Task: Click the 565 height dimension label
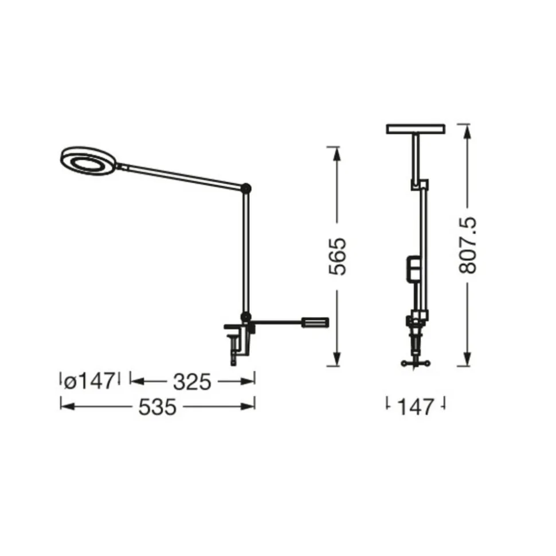337,257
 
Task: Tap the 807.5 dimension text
467,245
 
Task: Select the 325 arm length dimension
192,382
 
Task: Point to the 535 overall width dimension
157,407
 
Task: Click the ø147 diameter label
90,381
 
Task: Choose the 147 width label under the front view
416,407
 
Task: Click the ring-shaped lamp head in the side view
88,161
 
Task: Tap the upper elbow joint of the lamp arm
246,188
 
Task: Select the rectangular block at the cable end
315,323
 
